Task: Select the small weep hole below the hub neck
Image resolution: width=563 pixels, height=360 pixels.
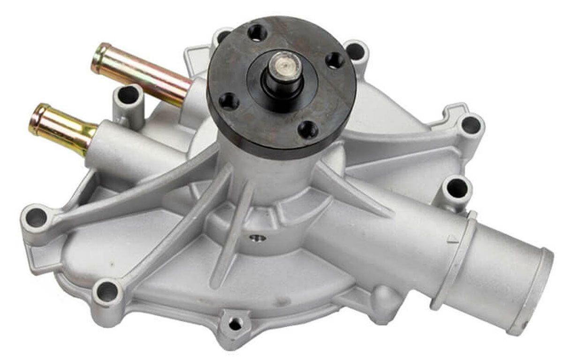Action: pos(258,238)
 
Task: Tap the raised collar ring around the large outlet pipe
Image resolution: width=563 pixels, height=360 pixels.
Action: pos(457,260)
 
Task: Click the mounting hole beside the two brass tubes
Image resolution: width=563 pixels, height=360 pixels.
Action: pos(128,96)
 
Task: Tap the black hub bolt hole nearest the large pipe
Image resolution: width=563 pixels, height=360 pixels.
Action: pos(308,129)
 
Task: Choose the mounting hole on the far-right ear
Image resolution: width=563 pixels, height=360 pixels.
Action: pos(470,125)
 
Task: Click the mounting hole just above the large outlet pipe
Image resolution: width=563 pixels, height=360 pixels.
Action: pos(456,189)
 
